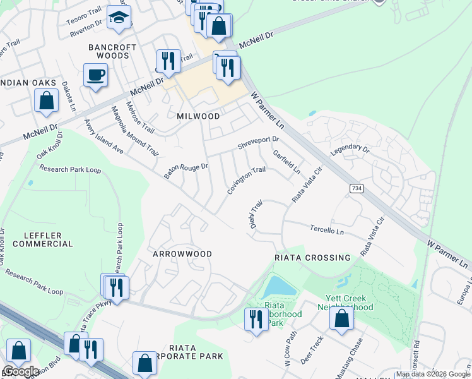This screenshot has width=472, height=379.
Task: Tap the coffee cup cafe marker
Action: click(x=95, y=75)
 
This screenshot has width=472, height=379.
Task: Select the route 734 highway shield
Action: click(x=356, y=188)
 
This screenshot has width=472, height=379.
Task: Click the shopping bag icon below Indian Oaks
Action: click(x=46, y=100)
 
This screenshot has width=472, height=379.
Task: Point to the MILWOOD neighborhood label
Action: click(x=198, y=116)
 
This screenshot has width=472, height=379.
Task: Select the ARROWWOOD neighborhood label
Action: click(x=182, y=253)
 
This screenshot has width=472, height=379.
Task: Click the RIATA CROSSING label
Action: click(x=312, y=258)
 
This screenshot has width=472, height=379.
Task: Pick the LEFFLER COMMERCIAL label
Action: click(x=48, y=239)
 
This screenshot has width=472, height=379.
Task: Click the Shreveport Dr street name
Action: click(x=258, y=142)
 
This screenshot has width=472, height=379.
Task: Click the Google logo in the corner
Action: click(x=21, y=371)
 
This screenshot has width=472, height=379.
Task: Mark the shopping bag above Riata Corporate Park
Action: click(x=145, y=363)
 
